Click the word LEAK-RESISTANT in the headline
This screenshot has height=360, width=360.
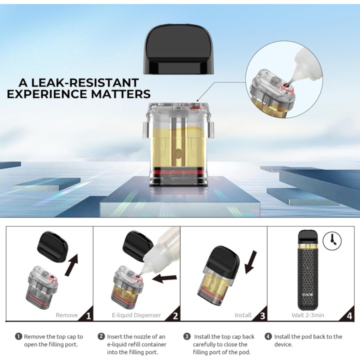click(x=84, y=82)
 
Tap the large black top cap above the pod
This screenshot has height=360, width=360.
click(x=178, y=49)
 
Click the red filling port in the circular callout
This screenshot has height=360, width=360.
click(x=286, y=86)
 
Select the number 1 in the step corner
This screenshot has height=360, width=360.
click(x=88, y=316)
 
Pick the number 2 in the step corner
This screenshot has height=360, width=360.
click(x=175, y=316)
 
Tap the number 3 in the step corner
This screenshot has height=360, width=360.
click(x=262, y=316)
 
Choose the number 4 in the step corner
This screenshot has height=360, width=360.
click(x=349, y=316)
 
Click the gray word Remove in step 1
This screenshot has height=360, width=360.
click(x=67, y=315)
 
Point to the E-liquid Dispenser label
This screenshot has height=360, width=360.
click(x=136, y=315)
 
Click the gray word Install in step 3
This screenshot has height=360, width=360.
click(x=243, y=315)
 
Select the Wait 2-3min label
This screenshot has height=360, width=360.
click(x=307, y=315)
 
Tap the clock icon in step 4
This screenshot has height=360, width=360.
click(x=332, y=241)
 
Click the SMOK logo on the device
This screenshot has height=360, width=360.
click(x=307, y=295)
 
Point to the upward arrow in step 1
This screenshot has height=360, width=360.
click(x=71, y=264)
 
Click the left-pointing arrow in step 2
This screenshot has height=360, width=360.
click(x=164, y=278)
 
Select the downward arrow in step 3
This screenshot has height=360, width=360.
click(x=250, y=262)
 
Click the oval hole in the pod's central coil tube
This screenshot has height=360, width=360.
click(x=178, y=153)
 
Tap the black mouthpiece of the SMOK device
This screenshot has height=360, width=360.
click(x=307, y=237)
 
